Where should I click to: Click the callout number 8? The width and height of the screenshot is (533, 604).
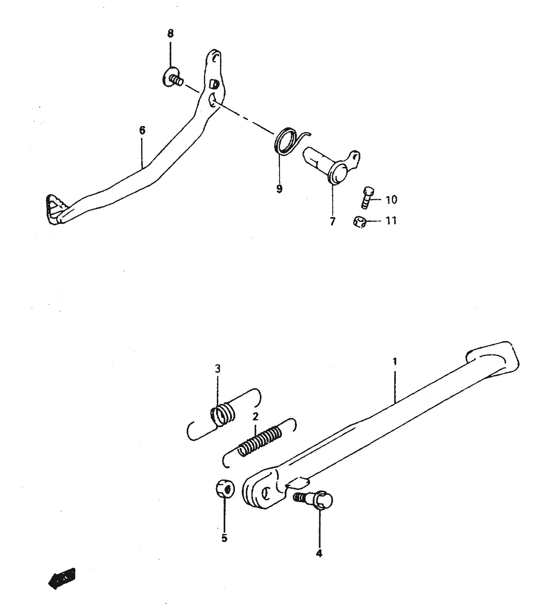(170, 34)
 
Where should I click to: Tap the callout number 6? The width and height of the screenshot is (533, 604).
(142, 130)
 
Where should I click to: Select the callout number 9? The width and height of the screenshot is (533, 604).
(279, 189)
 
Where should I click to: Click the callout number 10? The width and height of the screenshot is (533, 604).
(391, 200)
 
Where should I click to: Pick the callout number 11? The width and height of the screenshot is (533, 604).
(391, 221)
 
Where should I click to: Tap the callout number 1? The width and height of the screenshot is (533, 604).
(395, 362)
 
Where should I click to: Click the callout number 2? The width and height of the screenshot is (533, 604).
(255, 417)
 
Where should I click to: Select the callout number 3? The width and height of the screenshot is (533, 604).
(218, 369)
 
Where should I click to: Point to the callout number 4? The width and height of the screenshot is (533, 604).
(319, 553)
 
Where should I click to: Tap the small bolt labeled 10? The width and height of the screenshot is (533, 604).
(367, 197)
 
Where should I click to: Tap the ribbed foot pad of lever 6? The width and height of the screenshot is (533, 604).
(57, 209)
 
